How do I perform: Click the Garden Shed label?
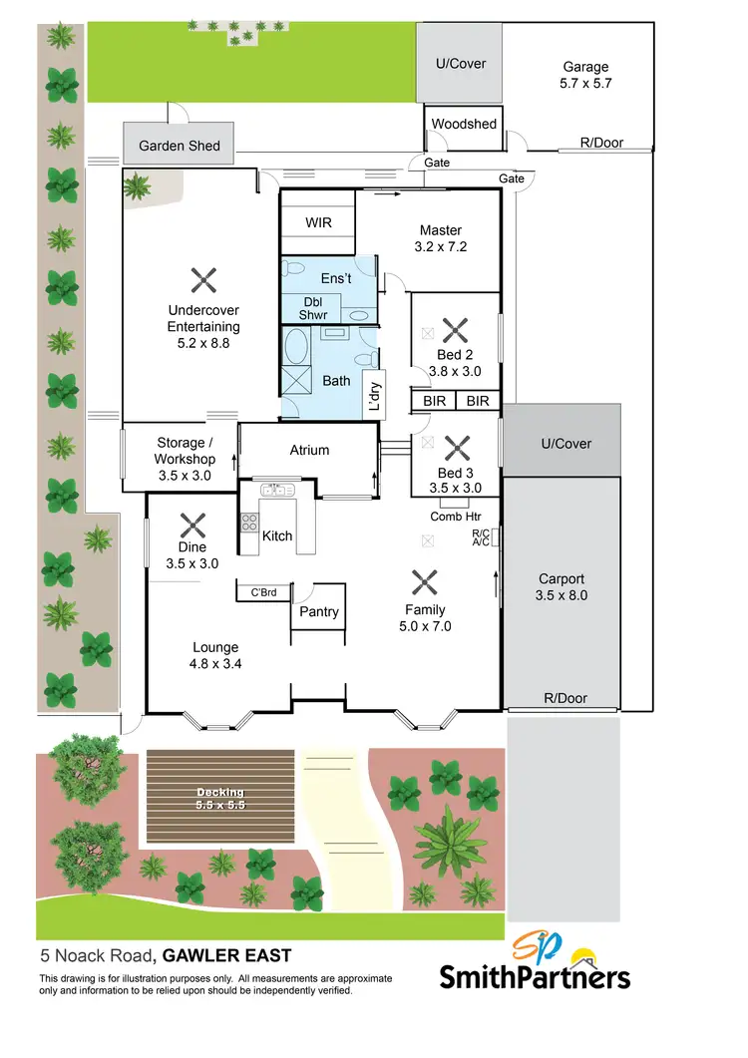coord(179,146)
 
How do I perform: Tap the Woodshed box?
coord(464,125)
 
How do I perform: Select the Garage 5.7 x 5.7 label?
coord(585,76)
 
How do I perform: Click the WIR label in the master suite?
coord(318,222)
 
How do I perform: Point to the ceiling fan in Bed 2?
coord(455,330)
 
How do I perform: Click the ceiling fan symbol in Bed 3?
coord(455,448)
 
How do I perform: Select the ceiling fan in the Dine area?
coord(191,523)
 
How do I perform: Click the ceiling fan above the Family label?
coord(425,581)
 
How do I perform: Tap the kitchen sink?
coord(274,490)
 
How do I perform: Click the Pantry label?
coord(319,611)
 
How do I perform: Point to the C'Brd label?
coord(263,592)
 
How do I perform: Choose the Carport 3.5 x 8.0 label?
coord(562,586)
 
